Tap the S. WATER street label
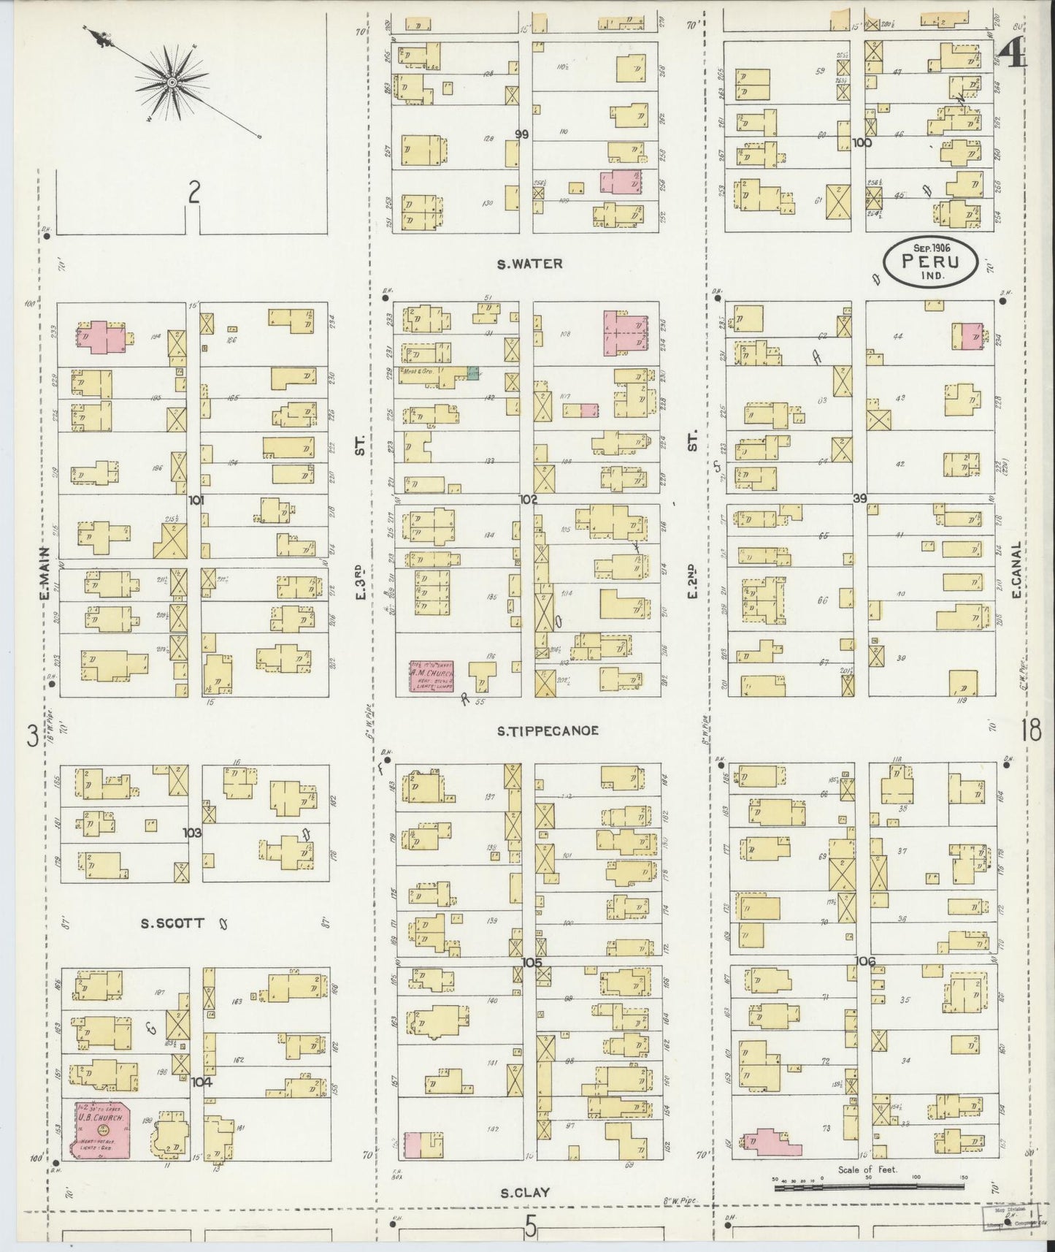click(x=530, y=264)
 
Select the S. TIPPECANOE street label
click(x=548, y=730)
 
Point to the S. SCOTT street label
click(x=172, y=923)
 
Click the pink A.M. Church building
click(x=432, y=676)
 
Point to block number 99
click(x=521, y=134)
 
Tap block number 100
click(x=862, y=143)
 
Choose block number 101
click(x=196, y=500)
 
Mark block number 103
click(x=193, y=832)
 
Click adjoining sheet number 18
click(x=1031, y=730)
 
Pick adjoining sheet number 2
click(x=193, y=193)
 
